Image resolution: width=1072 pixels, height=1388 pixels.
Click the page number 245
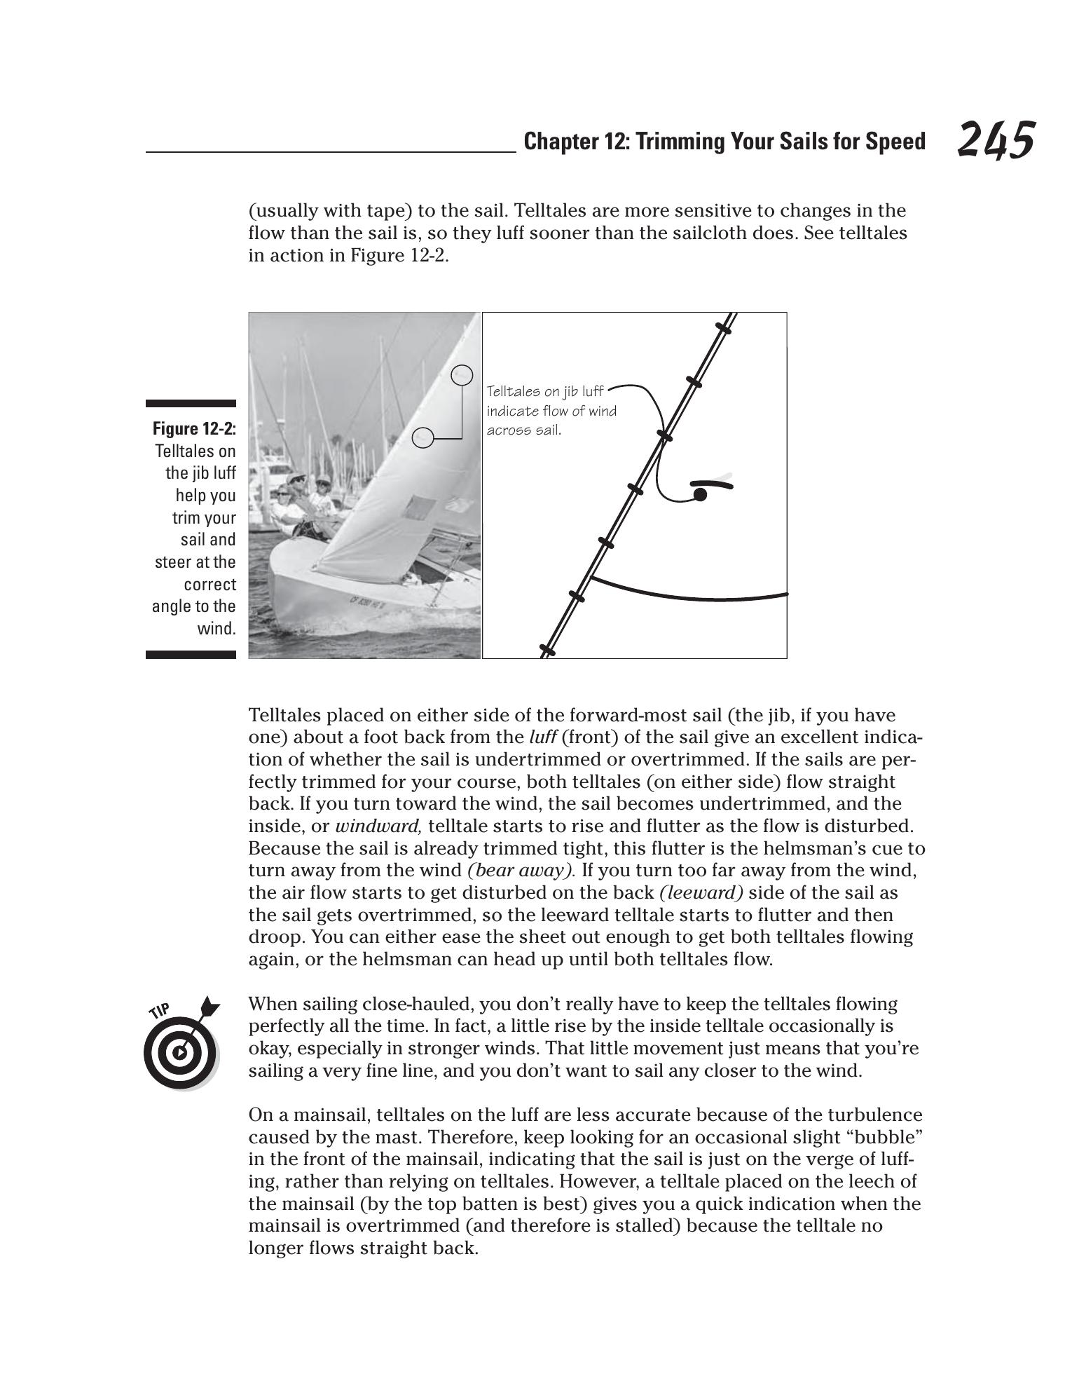(995, 140)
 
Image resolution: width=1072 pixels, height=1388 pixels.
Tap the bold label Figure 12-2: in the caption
(194, 428)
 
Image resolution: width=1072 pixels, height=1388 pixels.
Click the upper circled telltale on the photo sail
(461, 375)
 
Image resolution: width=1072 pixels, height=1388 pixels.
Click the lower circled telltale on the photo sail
(422, 438)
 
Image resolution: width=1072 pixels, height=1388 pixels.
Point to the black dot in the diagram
(699, 495)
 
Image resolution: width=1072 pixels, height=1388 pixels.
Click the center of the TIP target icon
(180, 1052)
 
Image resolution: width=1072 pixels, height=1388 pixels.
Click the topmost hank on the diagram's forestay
(724, 327)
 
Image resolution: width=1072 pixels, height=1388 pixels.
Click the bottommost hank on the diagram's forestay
(547, 651)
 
